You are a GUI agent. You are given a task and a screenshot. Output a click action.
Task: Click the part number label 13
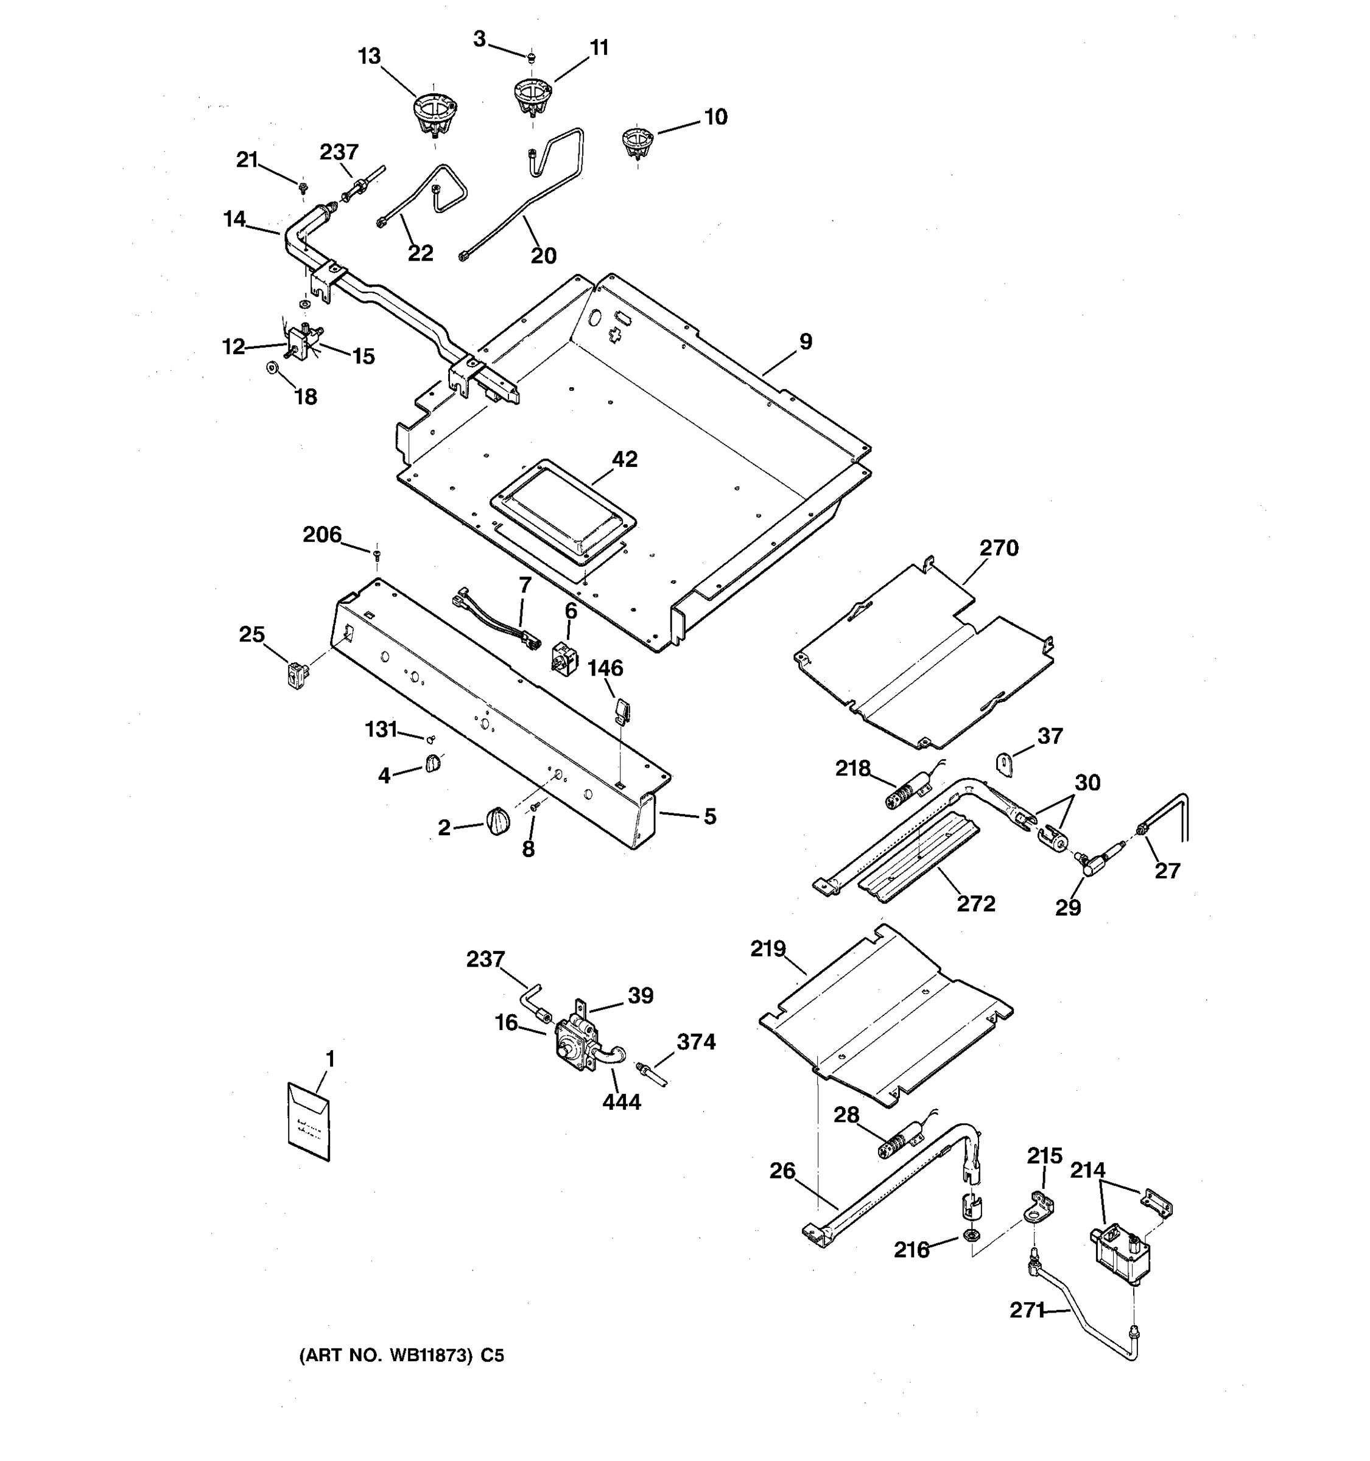coord(369,57)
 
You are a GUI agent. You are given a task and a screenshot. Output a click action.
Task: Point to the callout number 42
coord(625,460)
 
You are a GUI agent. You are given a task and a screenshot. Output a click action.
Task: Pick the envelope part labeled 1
coord(309,1121)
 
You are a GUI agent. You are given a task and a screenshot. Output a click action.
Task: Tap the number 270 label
coord(999,548)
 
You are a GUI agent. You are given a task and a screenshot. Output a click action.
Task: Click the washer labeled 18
coord(273,366)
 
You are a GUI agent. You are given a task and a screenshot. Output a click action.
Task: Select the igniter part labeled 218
coord(905,796)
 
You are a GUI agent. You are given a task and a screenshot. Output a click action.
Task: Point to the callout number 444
coord(621,1102)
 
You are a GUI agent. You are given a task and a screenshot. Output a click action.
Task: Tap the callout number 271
coord(1027,1311)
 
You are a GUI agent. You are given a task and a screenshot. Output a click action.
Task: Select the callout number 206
coord(322,535)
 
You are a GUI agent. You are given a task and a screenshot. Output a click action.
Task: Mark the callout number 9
coord(806,342)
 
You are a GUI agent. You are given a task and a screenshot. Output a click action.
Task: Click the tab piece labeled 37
coord(1005,763)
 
